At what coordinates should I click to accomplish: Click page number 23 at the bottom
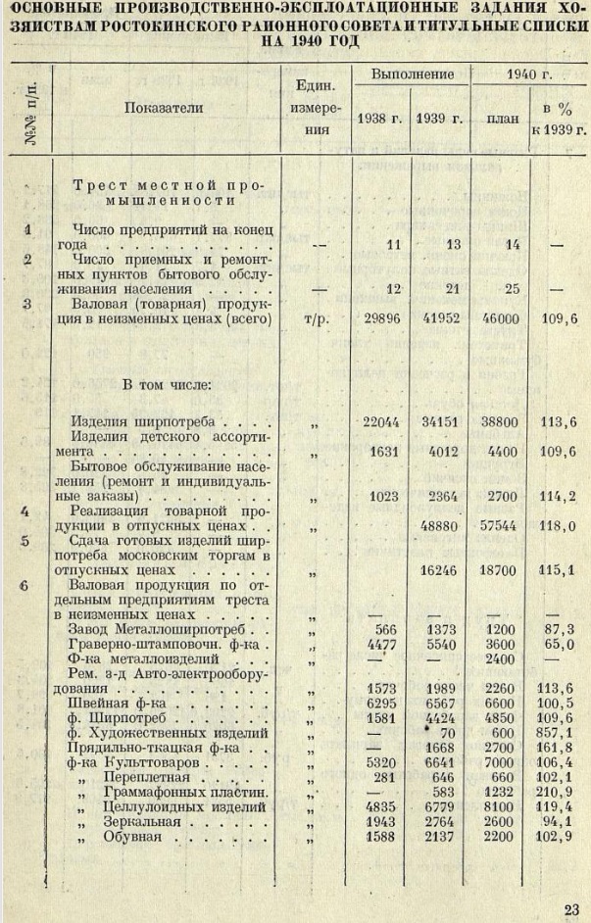pyautogui.click(x=571, y=907)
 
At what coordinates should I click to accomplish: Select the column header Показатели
pyautogui.click(x=164, y=109)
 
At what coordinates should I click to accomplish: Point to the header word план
pyautogui.click(x=503, y=119)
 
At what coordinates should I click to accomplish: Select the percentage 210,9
pyautogui.click(x=561, y=790)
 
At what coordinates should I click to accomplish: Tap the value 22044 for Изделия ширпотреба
pyautogui.click(x=383, y=422)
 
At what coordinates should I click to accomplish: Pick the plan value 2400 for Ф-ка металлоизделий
pyautogui.click(x=502, y=658)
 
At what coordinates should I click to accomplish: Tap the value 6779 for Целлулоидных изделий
pyautogui.click(x=442, y=804)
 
